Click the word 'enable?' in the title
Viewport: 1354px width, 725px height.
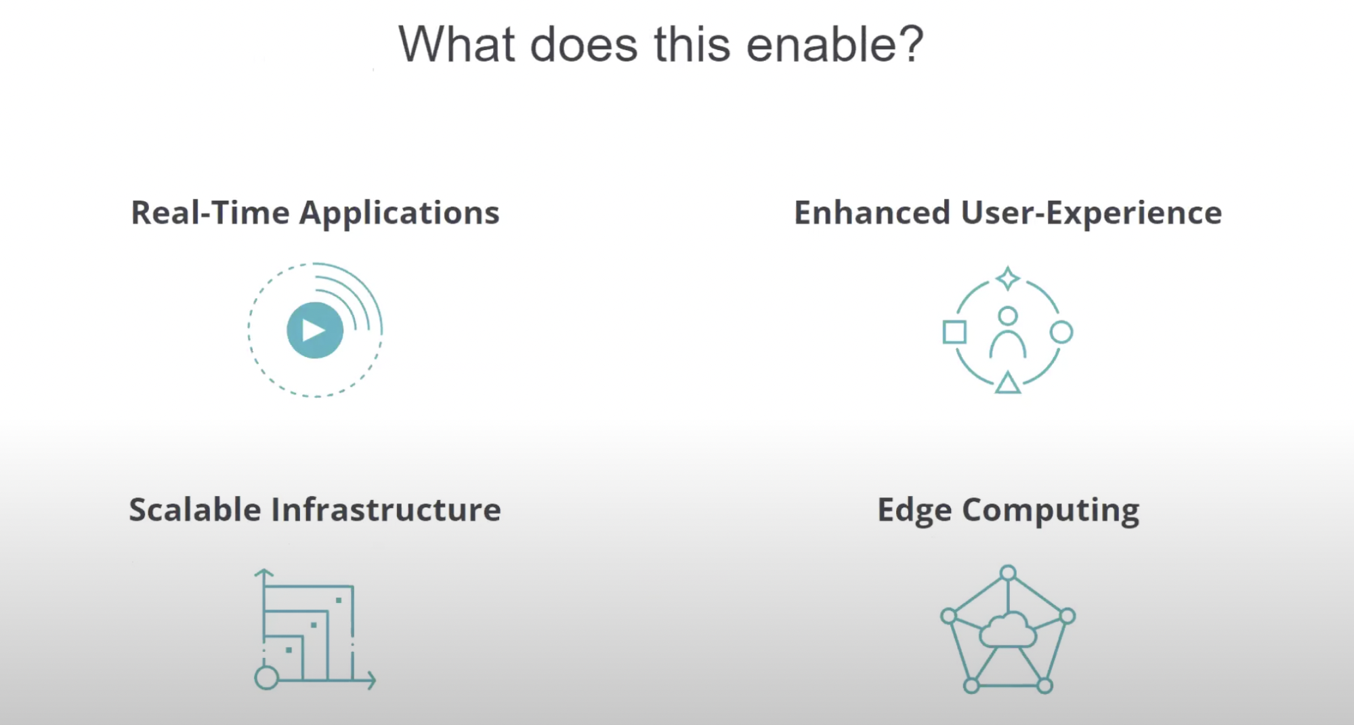point(834,45)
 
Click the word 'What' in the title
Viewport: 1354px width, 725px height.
point(457,45)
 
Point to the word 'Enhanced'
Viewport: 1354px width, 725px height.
point(872,213)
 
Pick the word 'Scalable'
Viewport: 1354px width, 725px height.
point(195,510)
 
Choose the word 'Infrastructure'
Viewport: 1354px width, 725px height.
point(386,510)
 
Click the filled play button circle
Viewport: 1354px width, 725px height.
point(315,330)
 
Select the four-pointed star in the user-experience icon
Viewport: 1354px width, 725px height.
point(1008,278)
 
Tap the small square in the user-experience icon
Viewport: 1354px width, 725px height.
point(954,332)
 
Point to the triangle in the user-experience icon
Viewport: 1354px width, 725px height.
point(1008,383)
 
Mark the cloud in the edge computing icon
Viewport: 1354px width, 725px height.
point(1008,630)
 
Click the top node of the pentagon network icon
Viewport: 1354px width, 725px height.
point(1009,573)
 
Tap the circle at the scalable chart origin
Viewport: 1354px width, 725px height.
point(267,678)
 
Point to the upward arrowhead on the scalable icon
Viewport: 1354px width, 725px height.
point(264,573)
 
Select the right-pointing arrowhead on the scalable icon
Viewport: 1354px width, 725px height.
point(371,679)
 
